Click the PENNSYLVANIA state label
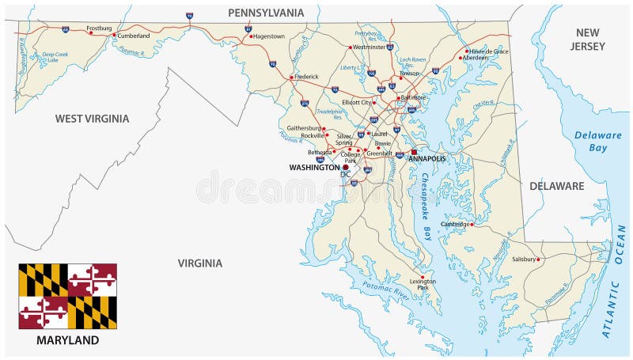tap(265, 13)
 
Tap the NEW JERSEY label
tap(589, 39)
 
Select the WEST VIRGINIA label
tap(92, 119)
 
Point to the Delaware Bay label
tap(598, 141)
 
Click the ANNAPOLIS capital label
tap(427, 158)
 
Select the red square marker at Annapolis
tap(413, 151)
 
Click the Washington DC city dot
tap(346, 168)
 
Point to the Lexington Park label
tap(423, 283)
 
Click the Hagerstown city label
tap(268, 36)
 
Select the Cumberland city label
tap(133, 35)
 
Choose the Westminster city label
tap(369, 47)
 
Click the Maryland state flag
tap(68, 297)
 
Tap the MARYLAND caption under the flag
tap(68, 340)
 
